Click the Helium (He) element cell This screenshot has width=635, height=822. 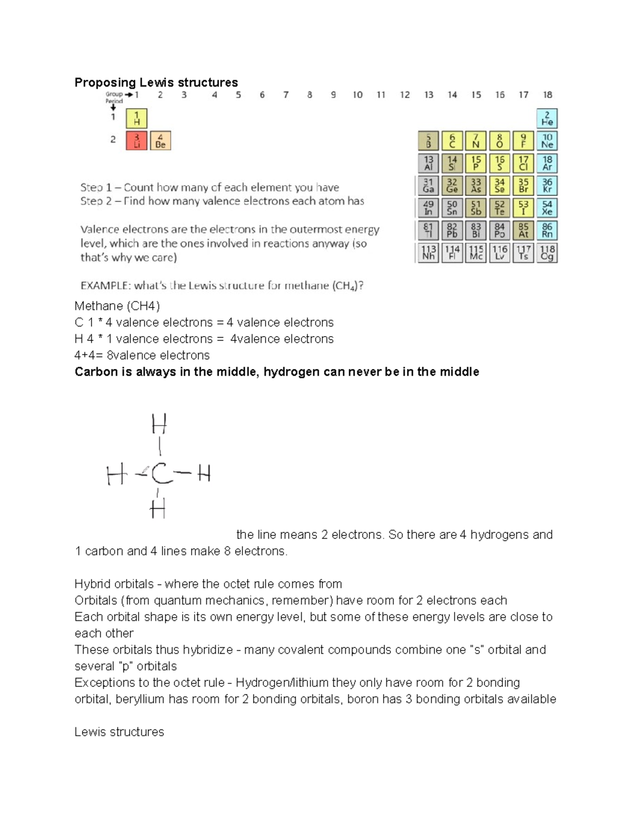point(547,119)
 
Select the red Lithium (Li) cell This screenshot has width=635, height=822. point(137,141)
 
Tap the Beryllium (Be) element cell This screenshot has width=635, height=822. point(160,141)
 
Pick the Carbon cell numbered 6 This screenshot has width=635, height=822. point(452,141)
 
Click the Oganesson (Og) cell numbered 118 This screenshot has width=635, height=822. point(547,253)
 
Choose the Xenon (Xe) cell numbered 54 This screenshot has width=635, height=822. point(547,208)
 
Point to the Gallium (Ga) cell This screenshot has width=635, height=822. point(428,186)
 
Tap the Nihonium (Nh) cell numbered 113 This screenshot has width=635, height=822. point(428,253)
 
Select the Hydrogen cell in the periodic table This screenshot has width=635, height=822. point(137,119)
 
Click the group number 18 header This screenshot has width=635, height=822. point(547,95)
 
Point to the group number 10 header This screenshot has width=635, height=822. point(358,95)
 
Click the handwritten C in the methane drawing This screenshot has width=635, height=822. point(161,474)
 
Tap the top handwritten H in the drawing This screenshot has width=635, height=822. point(159,424)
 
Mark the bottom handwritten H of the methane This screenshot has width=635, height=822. point(158,509)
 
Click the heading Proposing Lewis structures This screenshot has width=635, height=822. point(156,83)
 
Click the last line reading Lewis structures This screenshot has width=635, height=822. point(119,732)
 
